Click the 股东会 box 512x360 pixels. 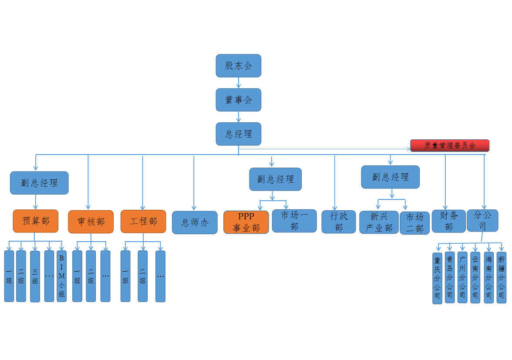click(238, 66)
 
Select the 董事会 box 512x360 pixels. click(238, 100)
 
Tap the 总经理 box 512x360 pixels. click(238, 134)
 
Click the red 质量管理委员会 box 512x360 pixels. click(449, 145)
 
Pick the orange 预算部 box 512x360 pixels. click(35, 221)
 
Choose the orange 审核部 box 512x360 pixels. click(91, 222)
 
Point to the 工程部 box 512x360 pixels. click(143, 221)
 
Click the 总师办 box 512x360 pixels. click(194, 222)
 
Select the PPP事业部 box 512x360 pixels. click(246, 222)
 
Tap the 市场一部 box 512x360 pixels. click(294, 221)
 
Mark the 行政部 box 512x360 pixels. click(339, 222)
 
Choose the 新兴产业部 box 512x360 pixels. click(379, 222)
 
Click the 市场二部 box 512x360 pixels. click(414, 223)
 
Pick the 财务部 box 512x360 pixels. click(448, 221)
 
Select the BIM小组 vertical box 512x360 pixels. click(61, 276)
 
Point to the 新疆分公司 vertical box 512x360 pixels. click(502, 277)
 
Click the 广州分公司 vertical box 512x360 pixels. click(462, 277)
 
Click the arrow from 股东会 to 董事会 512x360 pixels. click(239, 83)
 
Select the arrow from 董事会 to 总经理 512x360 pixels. click(239, 117)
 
